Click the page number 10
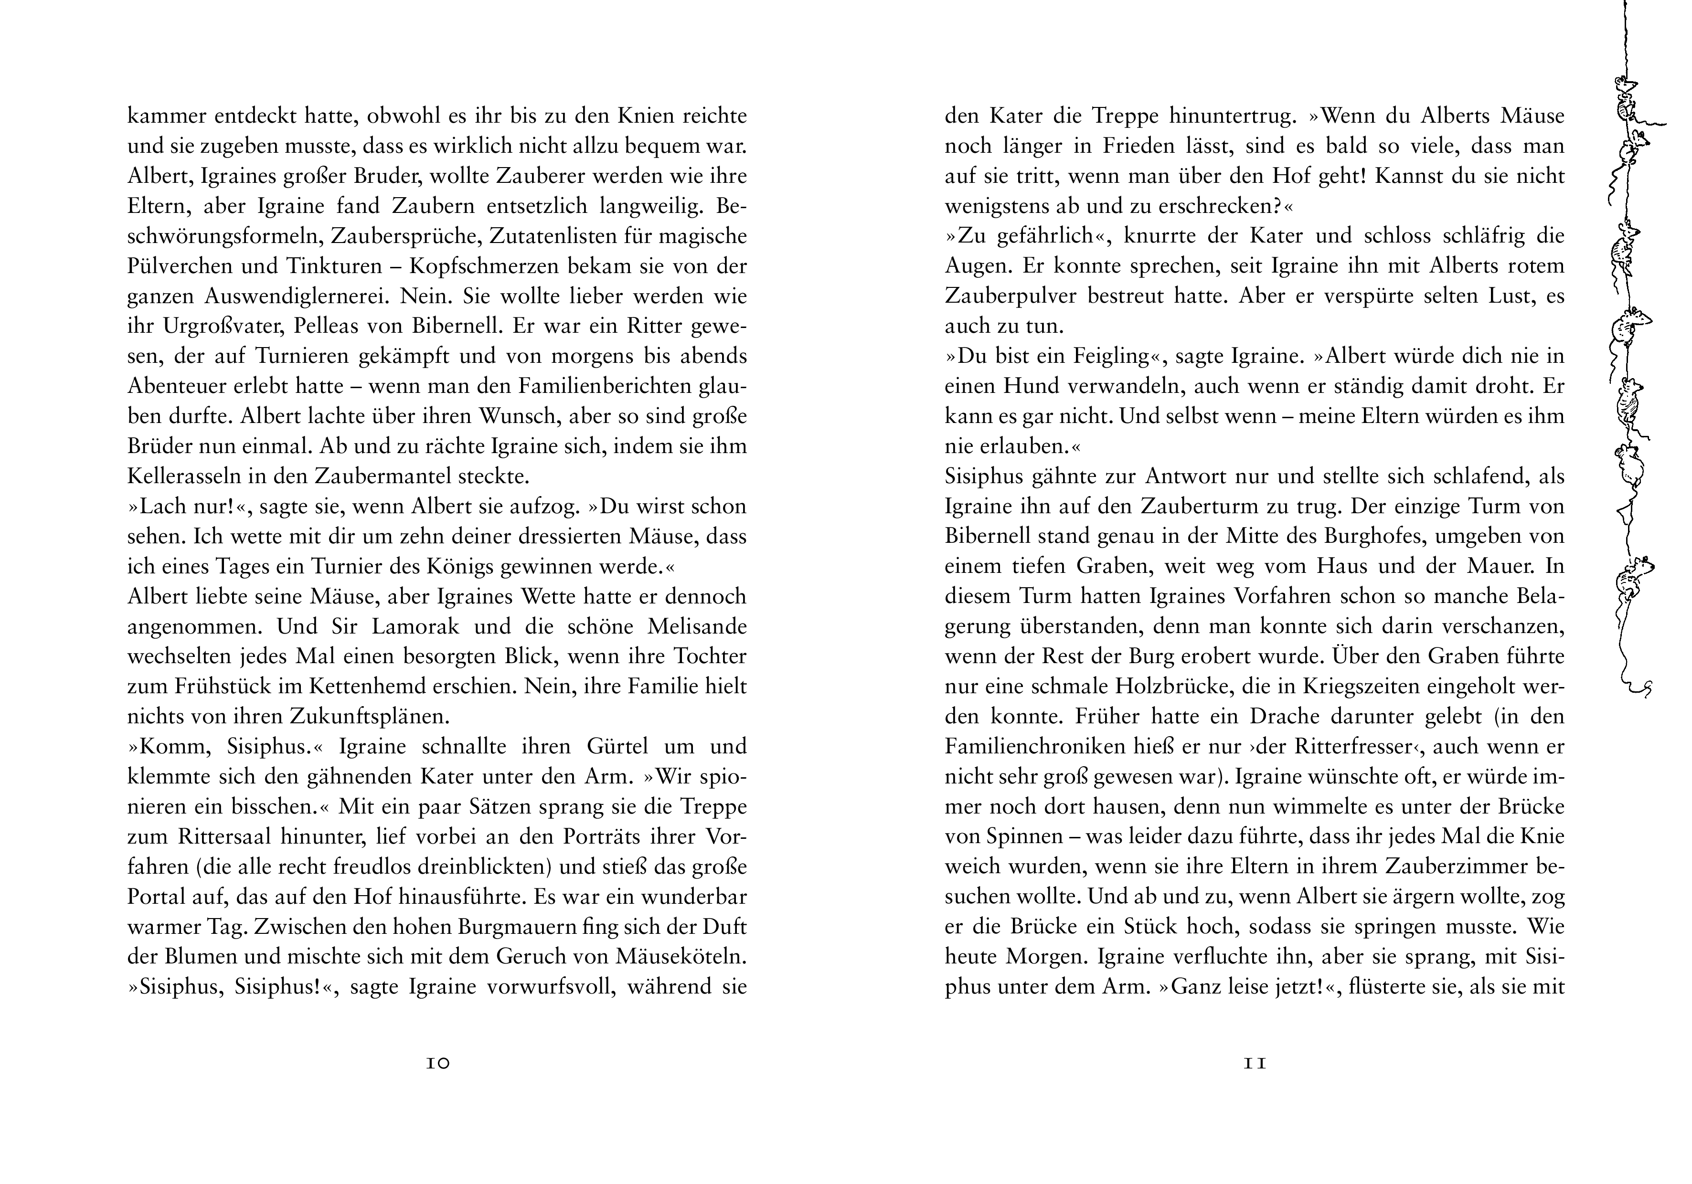438,1063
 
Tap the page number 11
1254,1063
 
